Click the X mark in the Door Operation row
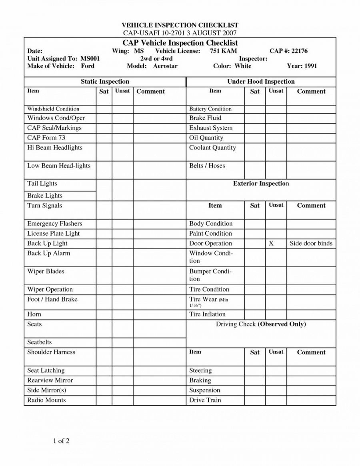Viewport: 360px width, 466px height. click(271, 243)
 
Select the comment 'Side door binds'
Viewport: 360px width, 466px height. click(311, 243)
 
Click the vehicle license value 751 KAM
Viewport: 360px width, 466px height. click(223, 51)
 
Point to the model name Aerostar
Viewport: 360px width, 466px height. click(165, 66)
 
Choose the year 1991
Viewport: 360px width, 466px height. click(310, 66)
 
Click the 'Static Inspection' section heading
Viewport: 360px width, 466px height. click(105, 82)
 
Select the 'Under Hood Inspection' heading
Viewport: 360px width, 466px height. click(261, 82)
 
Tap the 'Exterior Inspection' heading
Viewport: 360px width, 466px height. click(261, 184)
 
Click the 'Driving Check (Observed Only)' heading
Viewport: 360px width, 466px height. click(261, 324)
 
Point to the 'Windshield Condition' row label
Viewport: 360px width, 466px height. click(53, 109)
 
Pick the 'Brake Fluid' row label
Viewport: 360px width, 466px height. click(205, 118)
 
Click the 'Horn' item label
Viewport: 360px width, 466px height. click(34, 314)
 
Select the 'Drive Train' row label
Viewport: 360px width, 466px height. click(205, 400)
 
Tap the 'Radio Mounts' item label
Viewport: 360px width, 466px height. click(46, 400)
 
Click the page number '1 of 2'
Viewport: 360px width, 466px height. click(61, 441)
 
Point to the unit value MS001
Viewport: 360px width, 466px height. click(90, 58)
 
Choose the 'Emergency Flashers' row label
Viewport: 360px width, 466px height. click(54, 224)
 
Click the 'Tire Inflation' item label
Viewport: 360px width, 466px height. click(207, 314)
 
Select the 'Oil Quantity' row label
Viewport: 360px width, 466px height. click(206, 138)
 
